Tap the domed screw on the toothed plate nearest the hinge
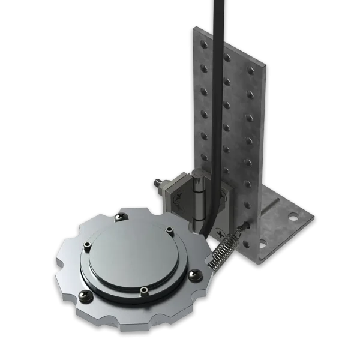[x=122, y=214]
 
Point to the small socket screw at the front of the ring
[x=145, y=292]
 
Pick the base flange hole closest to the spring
[x=260, y=244]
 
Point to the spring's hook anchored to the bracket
[x=243, y=227]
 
